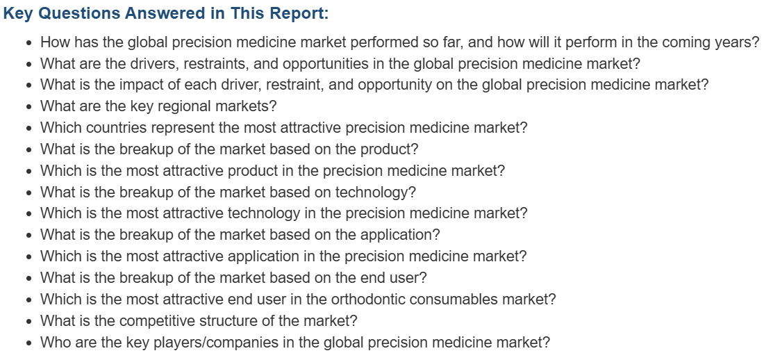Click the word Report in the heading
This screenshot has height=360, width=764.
(295, 13)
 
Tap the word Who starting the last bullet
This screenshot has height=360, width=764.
(53, 342)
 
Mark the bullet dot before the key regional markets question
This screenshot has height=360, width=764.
(30, 107)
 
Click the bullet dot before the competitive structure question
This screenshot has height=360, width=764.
(30, 322)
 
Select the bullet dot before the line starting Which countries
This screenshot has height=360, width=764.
(30, 129)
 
